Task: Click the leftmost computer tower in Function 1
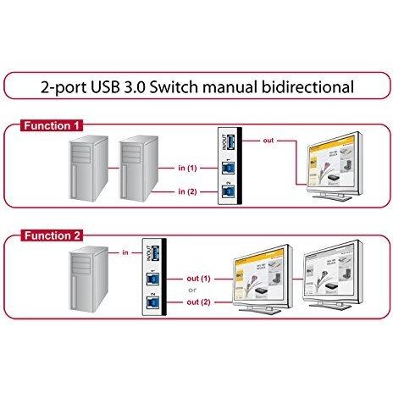click(x=84, y=173)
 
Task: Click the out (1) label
click(x=199, y=278)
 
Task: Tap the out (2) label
click(x=199, y=302)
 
